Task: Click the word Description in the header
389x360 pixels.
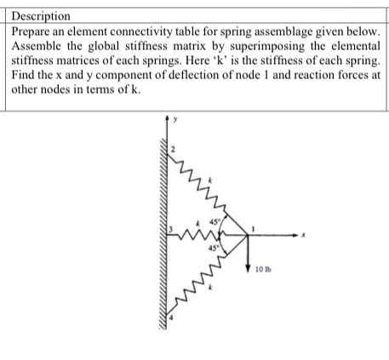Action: point(43,15)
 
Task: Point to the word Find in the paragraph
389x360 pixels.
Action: point(25,77)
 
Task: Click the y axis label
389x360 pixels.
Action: point(177,119)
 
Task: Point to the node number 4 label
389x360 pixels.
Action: point(169,317)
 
